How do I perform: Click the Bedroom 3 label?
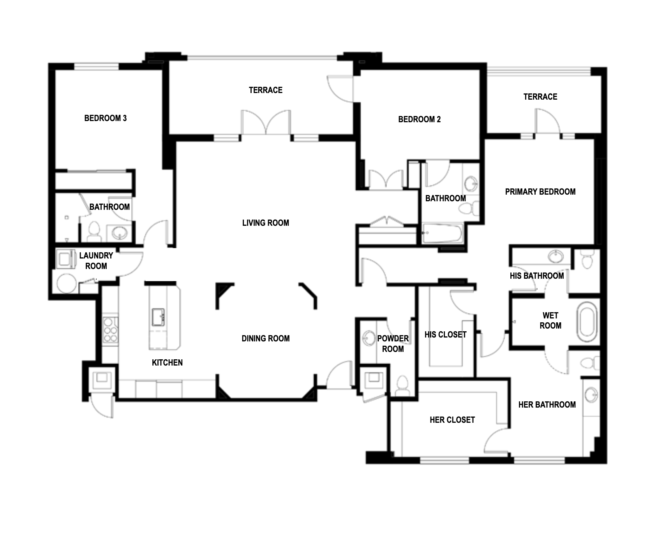[x=106, y=118]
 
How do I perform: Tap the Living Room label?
[x=266, y=223]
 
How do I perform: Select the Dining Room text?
[x=266, y=338]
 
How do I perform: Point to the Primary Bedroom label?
[x=540, y=192]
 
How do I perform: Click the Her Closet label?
[x=452, y=420]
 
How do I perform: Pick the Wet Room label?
[x=550, y=320]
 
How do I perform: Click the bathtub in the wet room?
[x=587, y=321]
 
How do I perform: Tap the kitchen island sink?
[x=158, y=317]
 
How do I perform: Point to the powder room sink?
[x=368, y=338]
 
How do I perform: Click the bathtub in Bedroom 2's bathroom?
[x=443, y=233]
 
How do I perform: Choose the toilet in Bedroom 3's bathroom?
[x=94, y=231]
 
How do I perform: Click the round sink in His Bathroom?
[x=556, y=257]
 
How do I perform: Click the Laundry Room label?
[x=96, y=261]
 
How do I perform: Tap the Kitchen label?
[x=167, y=362]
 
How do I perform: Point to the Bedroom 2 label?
[x=420, y=119]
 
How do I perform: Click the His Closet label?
[x=446, y=334]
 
